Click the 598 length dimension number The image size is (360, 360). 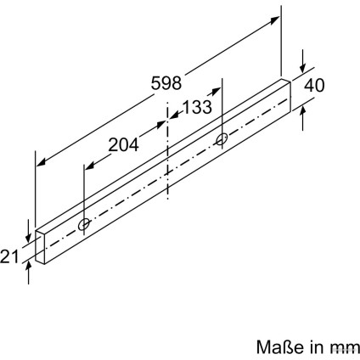pos(166,83)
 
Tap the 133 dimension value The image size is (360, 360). pos(197,107)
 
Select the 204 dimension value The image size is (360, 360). pos(124,144)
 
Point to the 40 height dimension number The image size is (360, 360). pos(314,85)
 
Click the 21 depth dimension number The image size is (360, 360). pos(9,256)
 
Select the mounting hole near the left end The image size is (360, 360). pos(84,224)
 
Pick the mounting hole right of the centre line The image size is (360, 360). pos(222,139)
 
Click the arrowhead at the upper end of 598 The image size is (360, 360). pos(274,20)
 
